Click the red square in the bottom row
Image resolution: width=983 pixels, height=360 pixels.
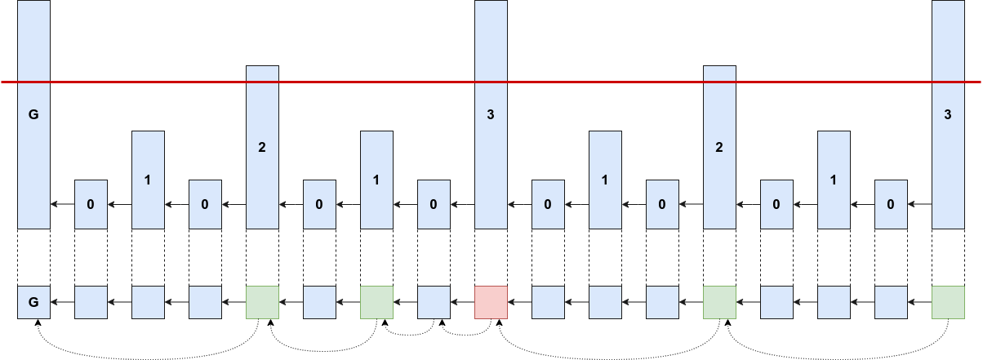point(491,302)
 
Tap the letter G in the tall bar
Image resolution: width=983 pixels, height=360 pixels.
point(33,115)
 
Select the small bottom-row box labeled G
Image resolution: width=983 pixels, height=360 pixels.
point(33,302)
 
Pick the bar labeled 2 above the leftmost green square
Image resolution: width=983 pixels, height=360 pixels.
point(262,147)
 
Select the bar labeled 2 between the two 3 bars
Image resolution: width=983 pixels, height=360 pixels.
point(719,147)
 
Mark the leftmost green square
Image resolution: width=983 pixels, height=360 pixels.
point(262,302)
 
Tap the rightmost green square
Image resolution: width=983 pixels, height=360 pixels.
point(948,302)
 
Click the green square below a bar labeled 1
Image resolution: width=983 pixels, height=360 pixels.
point(376,302)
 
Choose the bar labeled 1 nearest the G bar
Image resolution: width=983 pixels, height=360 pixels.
point(148,180)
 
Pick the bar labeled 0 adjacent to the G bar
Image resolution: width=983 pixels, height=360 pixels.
point(91,203)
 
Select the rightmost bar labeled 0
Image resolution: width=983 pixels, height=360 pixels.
point(891,203)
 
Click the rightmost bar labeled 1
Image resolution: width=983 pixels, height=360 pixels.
point(834,180)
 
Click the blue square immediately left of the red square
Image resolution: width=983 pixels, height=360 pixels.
point(434,302)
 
